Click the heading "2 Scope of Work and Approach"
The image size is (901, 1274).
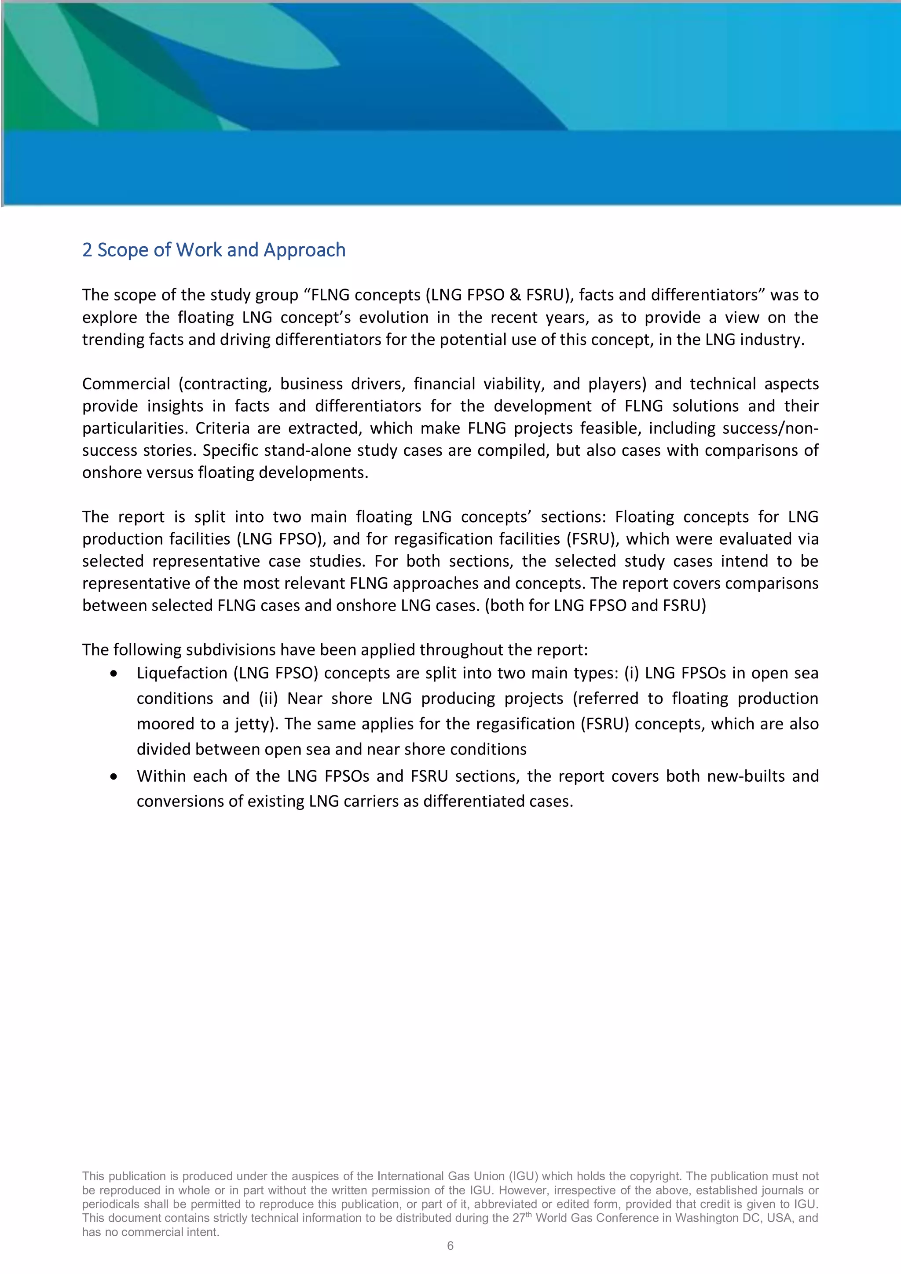click(214, 250)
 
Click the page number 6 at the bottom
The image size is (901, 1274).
click(450, 1246)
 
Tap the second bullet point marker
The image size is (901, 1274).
click(114, 777)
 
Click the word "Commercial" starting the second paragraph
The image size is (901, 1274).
click(126, 384)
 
